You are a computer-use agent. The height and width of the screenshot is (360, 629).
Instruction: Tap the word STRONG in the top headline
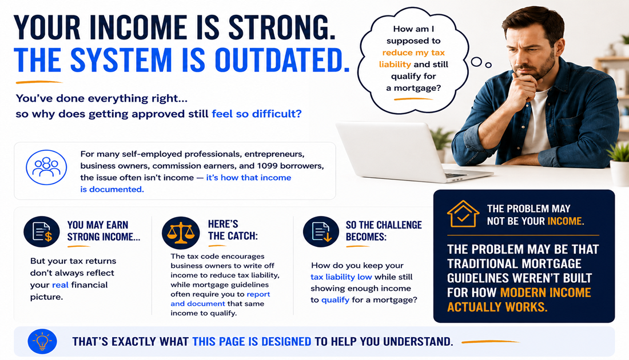[281, 27]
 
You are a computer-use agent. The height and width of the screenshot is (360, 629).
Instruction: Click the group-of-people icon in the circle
[46, 167]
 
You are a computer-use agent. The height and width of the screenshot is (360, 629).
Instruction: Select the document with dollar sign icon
[42, 231]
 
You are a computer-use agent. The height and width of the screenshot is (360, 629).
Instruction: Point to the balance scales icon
[181, 233]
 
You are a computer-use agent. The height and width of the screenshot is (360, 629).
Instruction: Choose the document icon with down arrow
[321, 231]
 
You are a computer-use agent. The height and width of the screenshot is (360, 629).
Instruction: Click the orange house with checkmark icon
[463, 214]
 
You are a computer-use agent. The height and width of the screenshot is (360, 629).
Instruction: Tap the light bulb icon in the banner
[42, 342]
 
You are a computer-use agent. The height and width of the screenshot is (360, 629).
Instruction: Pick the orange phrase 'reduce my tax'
[413, 53]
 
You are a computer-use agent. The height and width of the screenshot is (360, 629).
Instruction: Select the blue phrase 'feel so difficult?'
[257, 114]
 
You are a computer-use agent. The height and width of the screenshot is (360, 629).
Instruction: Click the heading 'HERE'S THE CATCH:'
[233, 230]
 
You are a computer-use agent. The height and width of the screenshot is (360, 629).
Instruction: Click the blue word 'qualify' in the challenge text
[335, 300]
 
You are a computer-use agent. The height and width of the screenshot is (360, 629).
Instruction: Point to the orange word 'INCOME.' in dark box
[566, 221]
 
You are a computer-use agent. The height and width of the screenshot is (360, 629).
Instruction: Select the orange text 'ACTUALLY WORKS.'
[497, 307]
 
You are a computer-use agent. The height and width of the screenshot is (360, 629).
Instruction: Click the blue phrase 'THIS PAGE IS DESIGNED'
[252, 342]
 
